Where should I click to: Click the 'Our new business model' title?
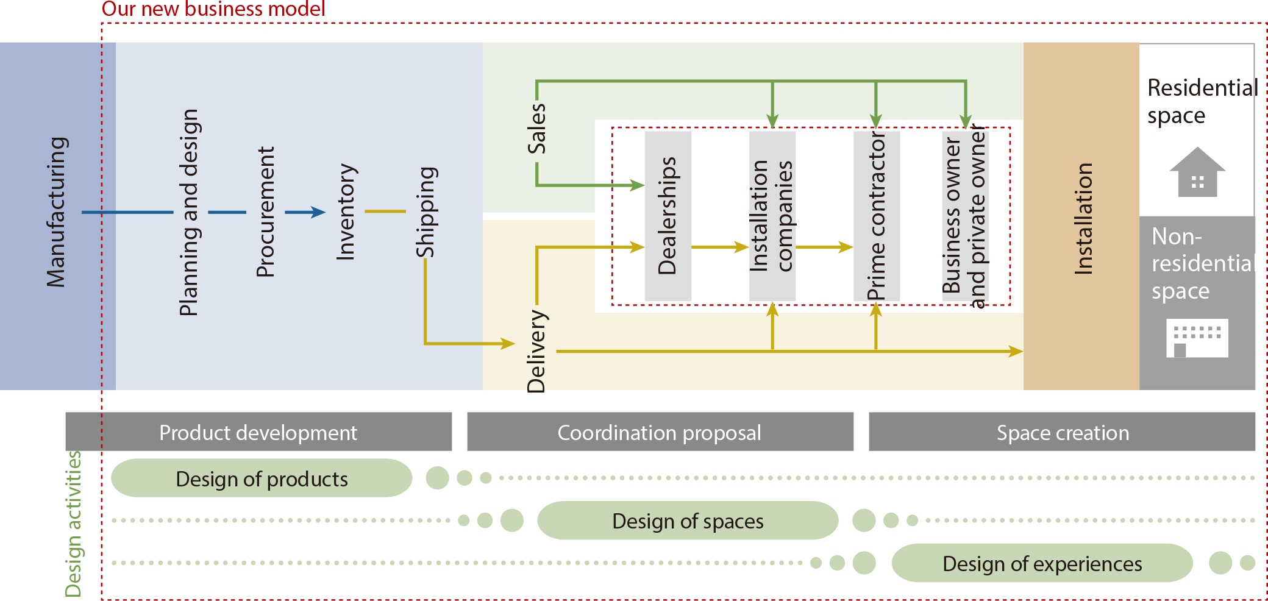tap(213, 9)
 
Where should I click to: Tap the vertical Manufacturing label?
tap(57, 212)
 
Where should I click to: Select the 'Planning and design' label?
tap(189, 212)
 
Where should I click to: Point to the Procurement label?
tap(266, 212)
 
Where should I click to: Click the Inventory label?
tap(346, 212)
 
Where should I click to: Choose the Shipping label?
tap(426, 212)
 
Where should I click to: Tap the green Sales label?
tap(536, 129)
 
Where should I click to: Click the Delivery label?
tap(536, 351)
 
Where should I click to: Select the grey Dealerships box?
tap(668, 216)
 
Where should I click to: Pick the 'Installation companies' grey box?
tap(772, 216)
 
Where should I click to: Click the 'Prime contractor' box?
tap(876, 216)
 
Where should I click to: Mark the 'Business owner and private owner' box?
tap(964, 216)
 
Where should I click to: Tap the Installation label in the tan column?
tap(1083, 218)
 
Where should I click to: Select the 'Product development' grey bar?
tap(258, 432)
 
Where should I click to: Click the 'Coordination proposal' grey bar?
tap(660, 432)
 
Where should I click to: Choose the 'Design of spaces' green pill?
tap(688, 521)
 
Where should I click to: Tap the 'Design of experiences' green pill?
tap(1042, 563)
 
